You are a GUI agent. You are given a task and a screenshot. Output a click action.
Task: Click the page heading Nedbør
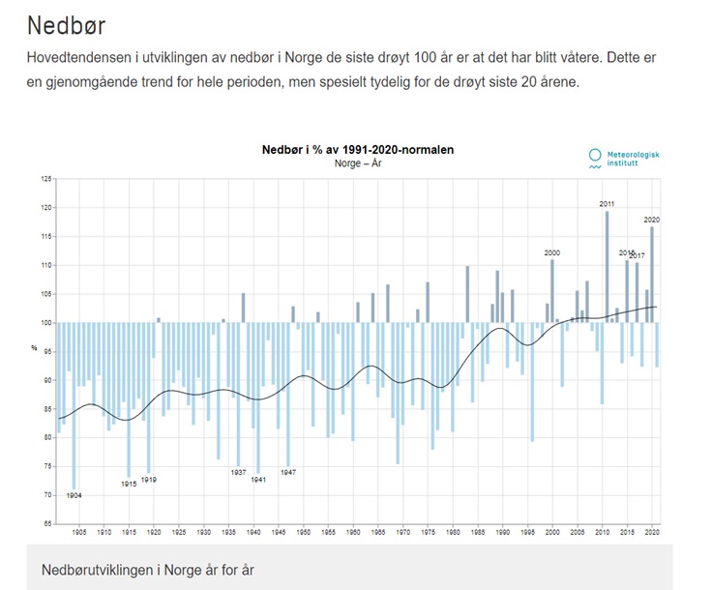click(x=66, y=23)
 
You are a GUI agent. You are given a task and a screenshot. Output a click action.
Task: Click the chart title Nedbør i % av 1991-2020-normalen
click(x=358, y=150)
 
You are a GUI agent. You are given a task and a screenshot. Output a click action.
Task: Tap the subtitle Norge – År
click(x=358, y=163)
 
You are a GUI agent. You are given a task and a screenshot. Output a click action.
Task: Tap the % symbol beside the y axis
click(x=35, y=347)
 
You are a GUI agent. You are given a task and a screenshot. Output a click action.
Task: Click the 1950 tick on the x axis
click(x=304, y=532)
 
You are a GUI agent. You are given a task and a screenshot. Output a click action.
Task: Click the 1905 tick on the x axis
click(x=79, y=532)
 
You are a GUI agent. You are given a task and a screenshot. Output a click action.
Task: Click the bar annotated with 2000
click(x=552, y=290)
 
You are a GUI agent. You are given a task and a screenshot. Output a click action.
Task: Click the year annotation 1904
click(x=74, y=495)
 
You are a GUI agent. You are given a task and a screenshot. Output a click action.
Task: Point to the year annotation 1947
click(x=288, y=471)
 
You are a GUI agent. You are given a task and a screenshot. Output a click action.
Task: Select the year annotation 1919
click(x=149, y=479)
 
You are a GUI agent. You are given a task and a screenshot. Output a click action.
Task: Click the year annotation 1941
click(x=258, y=479)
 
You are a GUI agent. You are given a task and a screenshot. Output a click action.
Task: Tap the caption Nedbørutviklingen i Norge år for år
click(x=148, y=570)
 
